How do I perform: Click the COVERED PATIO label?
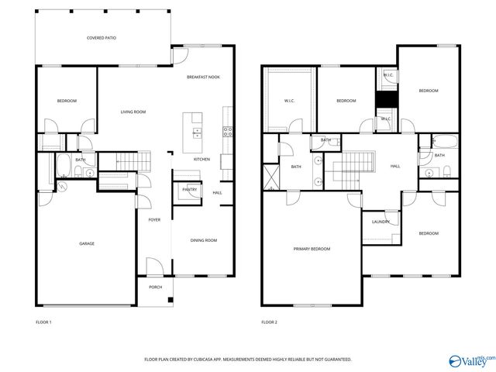pyautogui.click(x=101, y=37)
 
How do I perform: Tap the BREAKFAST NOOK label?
pyautogui.click(x=203, y=77)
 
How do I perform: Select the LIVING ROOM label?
pyautogui.click(x=133, y=112)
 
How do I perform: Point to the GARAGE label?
pyautogui.click(x=87, y=243)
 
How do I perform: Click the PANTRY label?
pyautogui.click(x=189, y=189)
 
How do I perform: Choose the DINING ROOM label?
pyautogui.click(x=203, y=240)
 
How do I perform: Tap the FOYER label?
pyautogui.click(x=155, y=219)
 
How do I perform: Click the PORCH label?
pyautogui.click(x=156, y=288)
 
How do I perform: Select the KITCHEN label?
pyautogui.click(x=201, y=159)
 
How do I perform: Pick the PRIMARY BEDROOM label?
pyautogui.click(x=312, y=249)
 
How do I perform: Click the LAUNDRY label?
pyautogui.click(x=381, y=222)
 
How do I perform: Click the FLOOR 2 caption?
pyautogui.click(x=269, y=322)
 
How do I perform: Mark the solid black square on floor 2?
pyautogui.click(x=385, y=101)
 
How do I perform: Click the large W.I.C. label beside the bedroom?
pyautogui.click(x=289, y=100)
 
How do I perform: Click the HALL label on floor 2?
pyautogui.click(x=395, y=166)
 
